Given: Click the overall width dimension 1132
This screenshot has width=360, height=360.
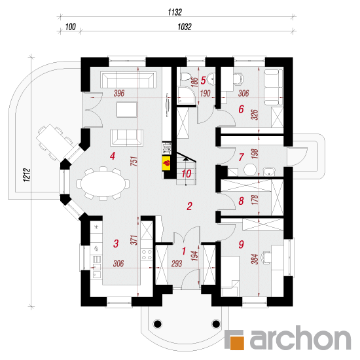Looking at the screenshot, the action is click(x=175, y=12).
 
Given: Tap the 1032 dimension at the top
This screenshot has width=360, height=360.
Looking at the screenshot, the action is click(x=185, y=27).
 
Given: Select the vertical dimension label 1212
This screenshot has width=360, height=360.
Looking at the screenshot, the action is click(x=27, y=175).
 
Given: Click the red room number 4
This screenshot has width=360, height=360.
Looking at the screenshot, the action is click(x=113, y=156).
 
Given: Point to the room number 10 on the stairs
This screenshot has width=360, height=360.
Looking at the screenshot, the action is click(x=186, y=174).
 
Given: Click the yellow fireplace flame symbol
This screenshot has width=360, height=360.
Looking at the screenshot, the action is click(x=166, y=163).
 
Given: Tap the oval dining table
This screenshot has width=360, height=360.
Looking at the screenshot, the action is click(x=103, y=184).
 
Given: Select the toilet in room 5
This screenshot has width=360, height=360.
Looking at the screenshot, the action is click(x=185, y=76).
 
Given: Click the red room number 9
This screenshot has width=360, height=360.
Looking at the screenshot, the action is click(x=241, y=244).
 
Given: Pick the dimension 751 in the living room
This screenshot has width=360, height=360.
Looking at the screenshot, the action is click(x=135, y=161).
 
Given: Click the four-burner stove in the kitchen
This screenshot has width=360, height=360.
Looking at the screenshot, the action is click(x=147, y=255).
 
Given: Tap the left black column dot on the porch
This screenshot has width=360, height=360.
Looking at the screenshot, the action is click(x=157, y=324).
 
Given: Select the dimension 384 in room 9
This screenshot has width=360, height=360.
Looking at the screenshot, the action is click(x=255, y=259).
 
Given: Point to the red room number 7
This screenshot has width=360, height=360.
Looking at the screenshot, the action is click(x=241, y=157).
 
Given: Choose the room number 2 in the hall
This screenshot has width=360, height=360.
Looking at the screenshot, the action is click(x=189, y=206).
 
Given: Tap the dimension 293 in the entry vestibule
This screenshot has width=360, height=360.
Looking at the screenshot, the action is click(x=177, y=264).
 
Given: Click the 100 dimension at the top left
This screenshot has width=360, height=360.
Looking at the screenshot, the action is click(x=71, y=27).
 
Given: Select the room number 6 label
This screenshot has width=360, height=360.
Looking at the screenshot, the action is click(x=241, y=109).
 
